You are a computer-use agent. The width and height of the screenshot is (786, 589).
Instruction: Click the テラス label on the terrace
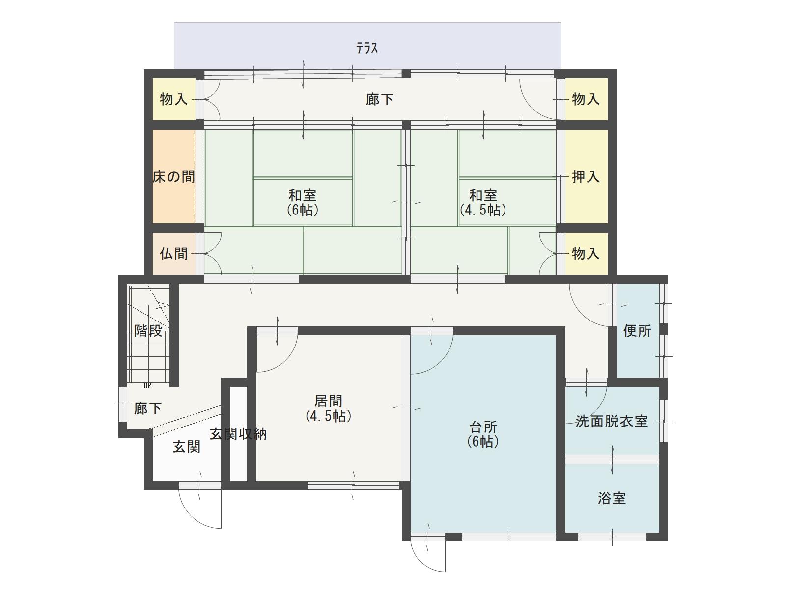coord(366,48)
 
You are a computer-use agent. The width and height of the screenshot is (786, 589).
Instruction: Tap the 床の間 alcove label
coord(174,177)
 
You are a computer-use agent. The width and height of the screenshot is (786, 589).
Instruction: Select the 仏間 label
coord(174,254)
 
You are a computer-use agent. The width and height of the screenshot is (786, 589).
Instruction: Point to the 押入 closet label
coord(586,177)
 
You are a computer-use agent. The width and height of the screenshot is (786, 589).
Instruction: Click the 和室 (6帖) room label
coord(303,203)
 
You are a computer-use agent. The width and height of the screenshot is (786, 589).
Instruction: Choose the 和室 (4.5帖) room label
coord(483,203)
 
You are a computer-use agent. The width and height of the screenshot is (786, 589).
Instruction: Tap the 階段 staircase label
coord(148,331)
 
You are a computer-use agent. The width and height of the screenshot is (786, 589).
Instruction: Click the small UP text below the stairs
coord(147,386)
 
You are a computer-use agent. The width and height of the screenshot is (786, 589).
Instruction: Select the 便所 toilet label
coord(637,331)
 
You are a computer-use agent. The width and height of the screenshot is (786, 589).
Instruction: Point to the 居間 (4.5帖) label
coord(328,408)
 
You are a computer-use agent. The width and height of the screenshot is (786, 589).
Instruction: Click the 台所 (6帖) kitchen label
coord(483,434)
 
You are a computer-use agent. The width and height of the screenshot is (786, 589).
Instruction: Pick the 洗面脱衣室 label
coord(612,422)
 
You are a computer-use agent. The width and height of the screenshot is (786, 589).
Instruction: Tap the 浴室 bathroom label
coord(612,498)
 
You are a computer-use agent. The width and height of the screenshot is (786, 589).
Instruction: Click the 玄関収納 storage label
coord(238,434)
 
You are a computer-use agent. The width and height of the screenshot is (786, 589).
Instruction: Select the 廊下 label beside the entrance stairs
coord(148,408)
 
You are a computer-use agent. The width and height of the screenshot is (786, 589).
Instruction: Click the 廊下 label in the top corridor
coord(380,99)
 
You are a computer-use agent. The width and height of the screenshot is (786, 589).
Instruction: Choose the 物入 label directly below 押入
coord(586,254)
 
